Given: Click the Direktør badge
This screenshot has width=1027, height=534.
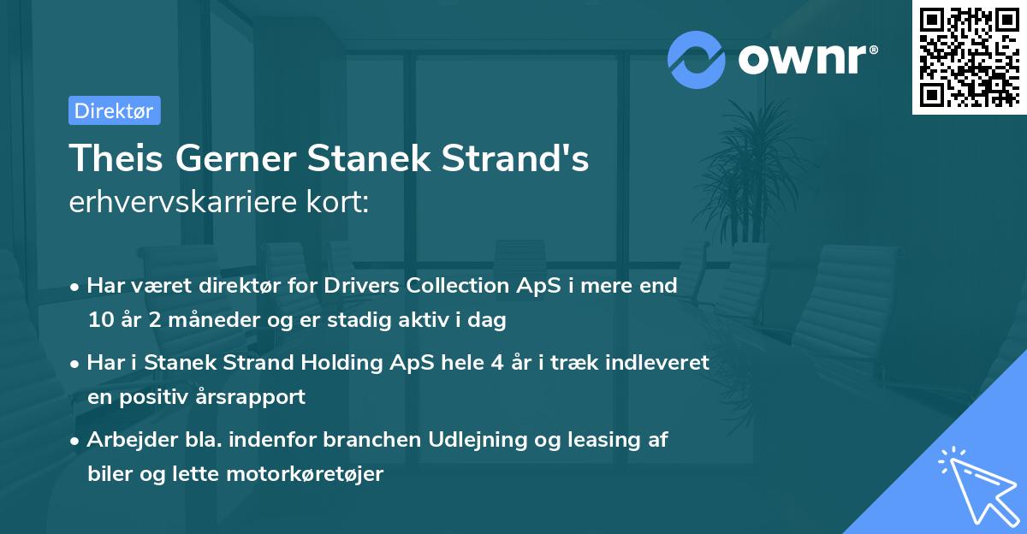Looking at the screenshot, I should (x=114, y=111).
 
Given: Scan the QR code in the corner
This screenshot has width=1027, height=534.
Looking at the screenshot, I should (x=968, y=56).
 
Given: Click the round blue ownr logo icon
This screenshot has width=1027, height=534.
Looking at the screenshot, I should (x=697, y=59).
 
